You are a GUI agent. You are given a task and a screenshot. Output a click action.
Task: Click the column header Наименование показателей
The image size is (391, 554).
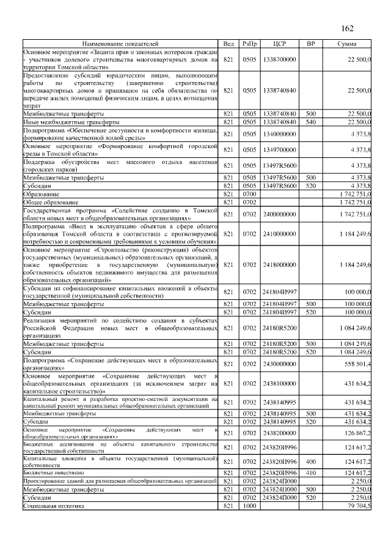click(120, 44)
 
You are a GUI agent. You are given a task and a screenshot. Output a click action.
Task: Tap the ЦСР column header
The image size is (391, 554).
click(280, 44)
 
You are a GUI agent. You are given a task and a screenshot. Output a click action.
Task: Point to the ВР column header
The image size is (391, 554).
click(311, 44)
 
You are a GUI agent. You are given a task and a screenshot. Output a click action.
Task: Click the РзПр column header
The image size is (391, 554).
click(249, 44)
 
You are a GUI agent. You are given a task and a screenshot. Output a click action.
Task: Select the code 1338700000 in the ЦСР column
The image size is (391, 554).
click(280, 59)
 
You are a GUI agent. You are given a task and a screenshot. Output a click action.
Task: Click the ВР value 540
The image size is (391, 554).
click(311, 122)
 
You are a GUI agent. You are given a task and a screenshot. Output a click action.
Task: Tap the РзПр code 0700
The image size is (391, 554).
click(249, 193)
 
